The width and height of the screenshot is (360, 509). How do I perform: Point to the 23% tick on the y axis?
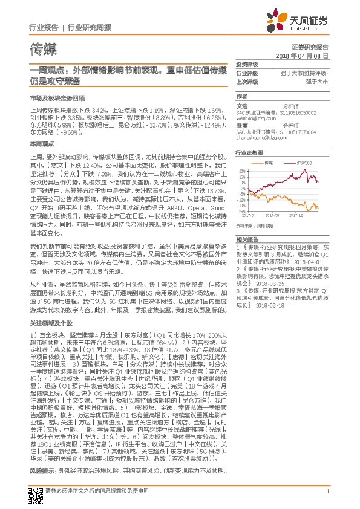point(241,171)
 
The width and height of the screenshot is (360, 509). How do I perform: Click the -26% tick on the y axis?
point(240,211)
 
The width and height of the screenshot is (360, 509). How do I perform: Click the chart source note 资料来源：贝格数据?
point(256,224)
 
